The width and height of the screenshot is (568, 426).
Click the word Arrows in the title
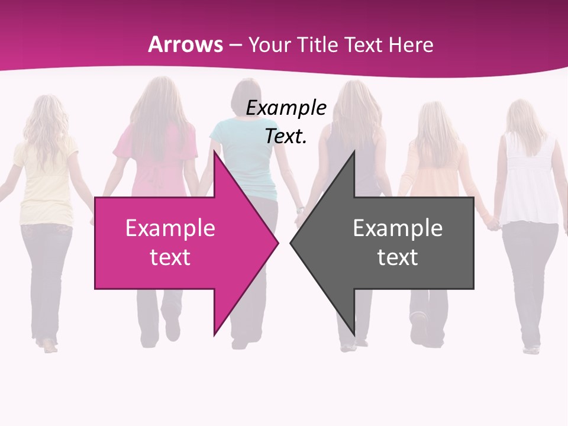point(186,44)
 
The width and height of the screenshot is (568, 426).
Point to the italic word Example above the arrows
point(286,108)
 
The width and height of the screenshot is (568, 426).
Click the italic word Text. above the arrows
point(286,136)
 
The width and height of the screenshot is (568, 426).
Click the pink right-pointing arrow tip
point(272,242)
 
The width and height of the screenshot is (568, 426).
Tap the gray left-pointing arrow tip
point(296,242)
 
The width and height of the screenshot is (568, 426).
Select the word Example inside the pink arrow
point(170,228)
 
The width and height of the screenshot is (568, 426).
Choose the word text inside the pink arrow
point(170,257)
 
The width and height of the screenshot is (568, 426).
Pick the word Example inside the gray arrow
point(398,228)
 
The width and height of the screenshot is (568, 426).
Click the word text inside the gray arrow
point(398,257)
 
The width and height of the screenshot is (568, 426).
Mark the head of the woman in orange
point(437,121)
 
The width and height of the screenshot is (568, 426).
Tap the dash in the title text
point(235,45)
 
